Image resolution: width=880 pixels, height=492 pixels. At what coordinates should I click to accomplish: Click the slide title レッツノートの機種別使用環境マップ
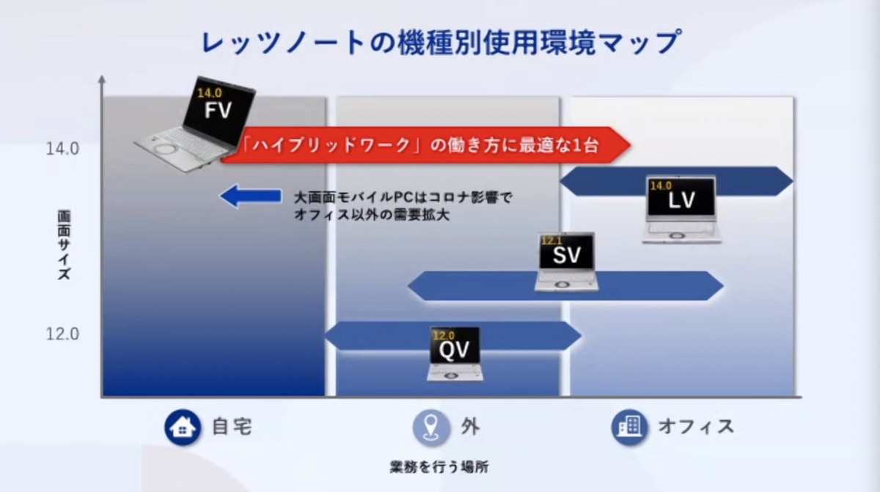(440, 43)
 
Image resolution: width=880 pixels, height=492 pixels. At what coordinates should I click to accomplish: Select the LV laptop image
(681, 209)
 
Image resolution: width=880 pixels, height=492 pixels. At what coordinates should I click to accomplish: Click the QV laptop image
(455, 354)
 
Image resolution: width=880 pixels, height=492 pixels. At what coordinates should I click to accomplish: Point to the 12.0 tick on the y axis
(62, 334)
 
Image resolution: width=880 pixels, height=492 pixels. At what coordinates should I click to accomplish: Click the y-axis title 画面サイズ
(65, 246)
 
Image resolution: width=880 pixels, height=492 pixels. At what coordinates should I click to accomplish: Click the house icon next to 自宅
(183, 427)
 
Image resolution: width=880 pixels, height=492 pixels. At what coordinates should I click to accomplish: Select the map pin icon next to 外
(431, 427)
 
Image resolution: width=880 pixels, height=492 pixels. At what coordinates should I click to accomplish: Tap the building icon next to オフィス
(629, 427)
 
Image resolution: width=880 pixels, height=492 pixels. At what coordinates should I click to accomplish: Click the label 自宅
(232, 427)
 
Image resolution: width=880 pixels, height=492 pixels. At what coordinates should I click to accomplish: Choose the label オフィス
(695, 427)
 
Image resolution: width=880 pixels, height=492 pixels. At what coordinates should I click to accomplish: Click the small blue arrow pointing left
(250, 196)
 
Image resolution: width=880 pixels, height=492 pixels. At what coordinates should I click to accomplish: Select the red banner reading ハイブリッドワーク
(425, 145)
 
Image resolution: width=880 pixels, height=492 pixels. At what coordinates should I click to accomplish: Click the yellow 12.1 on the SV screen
(551, 240)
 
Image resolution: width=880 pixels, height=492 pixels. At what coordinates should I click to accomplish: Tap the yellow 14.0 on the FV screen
(208, 94)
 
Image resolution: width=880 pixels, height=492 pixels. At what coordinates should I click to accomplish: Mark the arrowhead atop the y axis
(102, 78)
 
